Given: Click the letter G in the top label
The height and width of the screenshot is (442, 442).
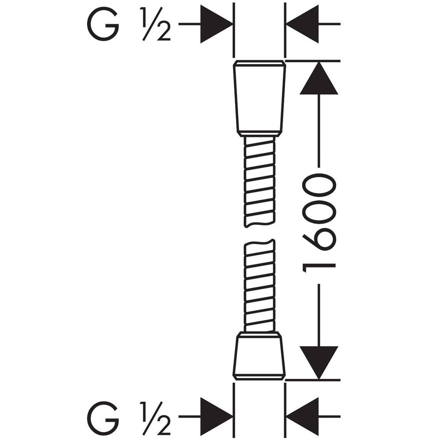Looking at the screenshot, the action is pos(103,24).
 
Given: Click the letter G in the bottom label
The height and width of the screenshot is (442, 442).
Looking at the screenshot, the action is pos(103,418).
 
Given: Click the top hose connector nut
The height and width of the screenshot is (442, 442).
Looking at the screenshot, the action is pos(259,99).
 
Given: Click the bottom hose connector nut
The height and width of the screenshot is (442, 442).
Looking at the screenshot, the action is pos(259,356).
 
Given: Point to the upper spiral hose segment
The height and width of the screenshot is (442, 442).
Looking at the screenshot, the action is pos(259,182).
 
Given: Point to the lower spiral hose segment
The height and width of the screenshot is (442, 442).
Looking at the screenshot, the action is pos(259,285).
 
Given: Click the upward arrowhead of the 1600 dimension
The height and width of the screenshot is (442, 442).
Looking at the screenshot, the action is pos(319,78).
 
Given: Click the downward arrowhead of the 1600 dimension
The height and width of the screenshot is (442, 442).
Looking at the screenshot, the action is pos(319,362).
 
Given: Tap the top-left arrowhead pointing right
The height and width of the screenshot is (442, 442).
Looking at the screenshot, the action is pos(217,24).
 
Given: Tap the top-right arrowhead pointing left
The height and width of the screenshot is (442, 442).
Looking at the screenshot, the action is pos(302,24).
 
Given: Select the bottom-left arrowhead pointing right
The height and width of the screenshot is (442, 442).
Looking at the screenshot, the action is pos(217,416).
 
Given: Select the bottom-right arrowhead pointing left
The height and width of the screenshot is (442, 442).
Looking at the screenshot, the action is pos(302,416).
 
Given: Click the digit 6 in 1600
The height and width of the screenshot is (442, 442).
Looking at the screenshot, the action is pos(319,240).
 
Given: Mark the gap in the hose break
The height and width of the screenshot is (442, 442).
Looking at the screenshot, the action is pos(259,233).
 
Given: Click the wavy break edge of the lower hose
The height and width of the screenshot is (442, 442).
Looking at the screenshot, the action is pos(259,243).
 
